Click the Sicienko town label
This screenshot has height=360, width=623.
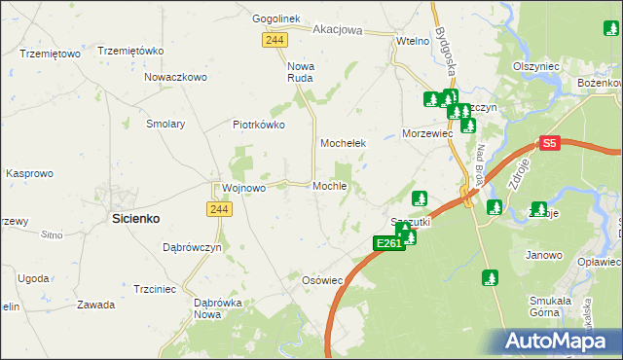[136, 220]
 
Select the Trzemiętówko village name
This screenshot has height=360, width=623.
[130, 51]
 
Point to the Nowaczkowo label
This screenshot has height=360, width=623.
[176, 77]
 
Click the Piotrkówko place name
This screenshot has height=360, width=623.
[258, 125]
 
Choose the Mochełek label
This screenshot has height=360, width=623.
[344, 143]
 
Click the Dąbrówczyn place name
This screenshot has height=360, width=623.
[192, 247]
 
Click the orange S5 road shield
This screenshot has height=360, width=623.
[549, 143]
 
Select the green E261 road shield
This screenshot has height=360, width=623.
[387, 243]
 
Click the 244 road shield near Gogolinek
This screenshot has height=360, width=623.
[274, 38]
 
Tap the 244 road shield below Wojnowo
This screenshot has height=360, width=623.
[218, 209]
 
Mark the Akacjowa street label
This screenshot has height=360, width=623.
[338, 30]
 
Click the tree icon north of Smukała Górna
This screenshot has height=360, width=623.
[490, 277]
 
